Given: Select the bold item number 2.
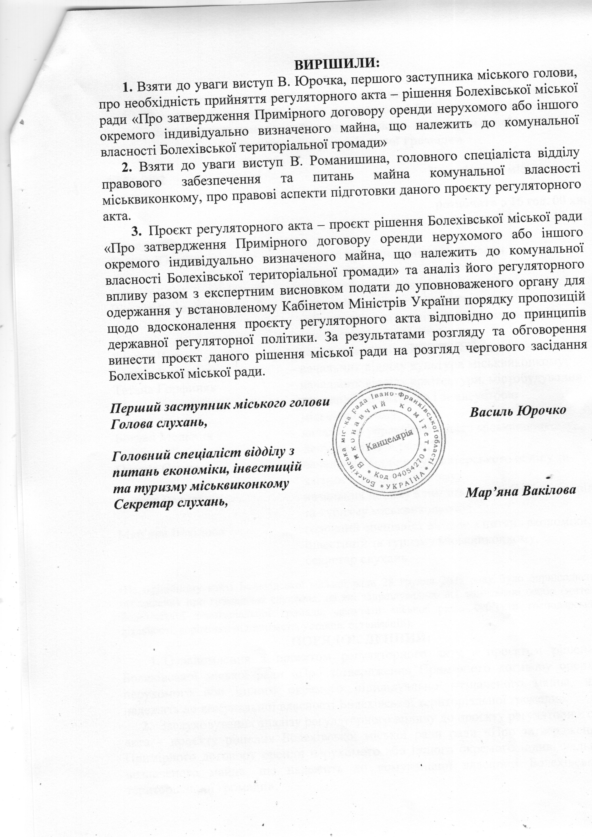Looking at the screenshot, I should [126, 167].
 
